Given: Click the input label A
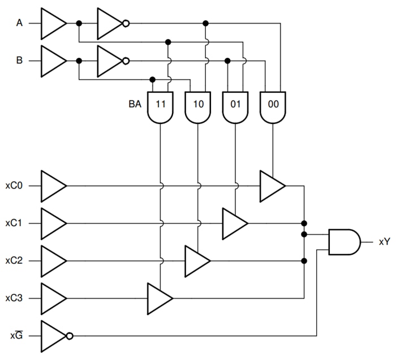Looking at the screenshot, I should (19, 23).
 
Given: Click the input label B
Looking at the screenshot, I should (19, 61).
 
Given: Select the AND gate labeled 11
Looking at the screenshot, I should (160, 106).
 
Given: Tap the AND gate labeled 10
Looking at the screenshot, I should (198, 106).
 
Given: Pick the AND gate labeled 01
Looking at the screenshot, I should (235, 106).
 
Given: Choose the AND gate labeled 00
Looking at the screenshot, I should (273, 106).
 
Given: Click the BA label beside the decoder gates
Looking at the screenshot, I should (135, 105).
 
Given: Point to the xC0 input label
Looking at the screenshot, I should (14, 186).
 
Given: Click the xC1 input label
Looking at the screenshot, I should (14, 223).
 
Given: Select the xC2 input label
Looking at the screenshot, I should (14, 261).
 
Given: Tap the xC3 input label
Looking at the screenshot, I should (14, 298).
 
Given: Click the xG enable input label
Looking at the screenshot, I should (16, 336).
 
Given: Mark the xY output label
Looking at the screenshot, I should (384, 242).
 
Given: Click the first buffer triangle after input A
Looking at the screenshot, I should (53, 23).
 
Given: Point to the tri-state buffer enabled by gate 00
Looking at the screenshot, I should (272, 186).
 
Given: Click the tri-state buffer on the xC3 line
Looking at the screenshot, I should (159, 298).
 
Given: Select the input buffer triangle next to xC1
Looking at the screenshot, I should (53, 223).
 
